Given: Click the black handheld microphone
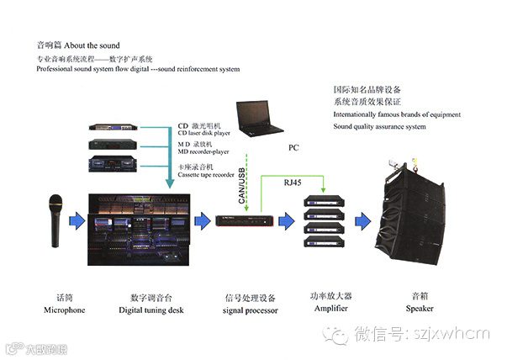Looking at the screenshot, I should tap(56, 221).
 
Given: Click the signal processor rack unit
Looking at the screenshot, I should tap(245, 221).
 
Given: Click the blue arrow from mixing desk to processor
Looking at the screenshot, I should tap(200, 221).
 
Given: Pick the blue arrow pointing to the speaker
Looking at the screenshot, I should tap(360, 221).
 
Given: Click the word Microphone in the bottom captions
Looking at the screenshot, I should tap(65, 310).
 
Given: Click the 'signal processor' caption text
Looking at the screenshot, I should tap(246, 310).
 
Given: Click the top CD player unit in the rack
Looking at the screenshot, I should tap(118, 129).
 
